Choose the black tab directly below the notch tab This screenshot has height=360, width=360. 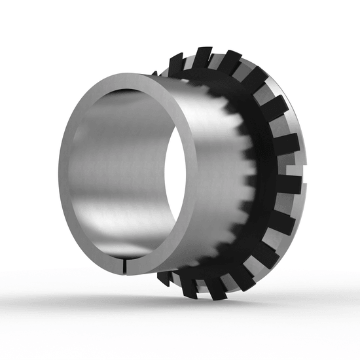pos(281,216)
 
